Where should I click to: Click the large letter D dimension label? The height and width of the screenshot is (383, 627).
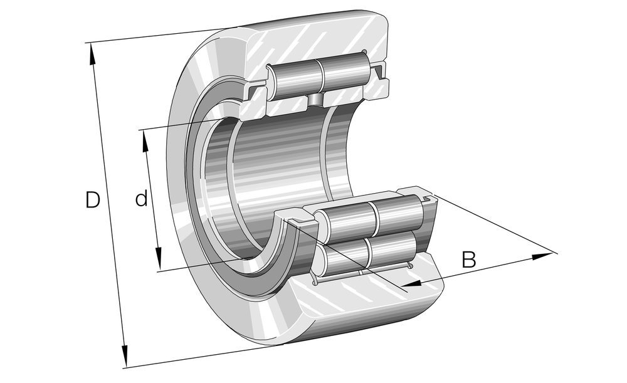pyautogui.click(x=92, y=199)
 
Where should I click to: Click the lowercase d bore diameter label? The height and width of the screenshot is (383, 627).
pyautogui.click(x=141, y=198)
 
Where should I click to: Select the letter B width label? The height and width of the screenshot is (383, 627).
pyautogui.click(x=469, y=260)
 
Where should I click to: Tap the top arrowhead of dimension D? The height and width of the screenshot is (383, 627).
pyautogui.click(x=92, y=53)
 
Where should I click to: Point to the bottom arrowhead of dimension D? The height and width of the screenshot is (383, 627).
pyautogui.click(x=125, y=355)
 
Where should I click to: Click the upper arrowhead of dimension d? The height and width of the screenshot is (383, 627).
pyautogui.click(x=145, y=141)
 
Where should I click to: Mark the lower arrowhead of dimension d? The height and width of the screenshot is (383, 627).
pyautogui.click(x=159, y=259)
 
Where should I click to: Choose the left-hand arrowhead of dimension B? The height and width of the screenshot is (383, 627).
pyautogui.click(x=412, y=283)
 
